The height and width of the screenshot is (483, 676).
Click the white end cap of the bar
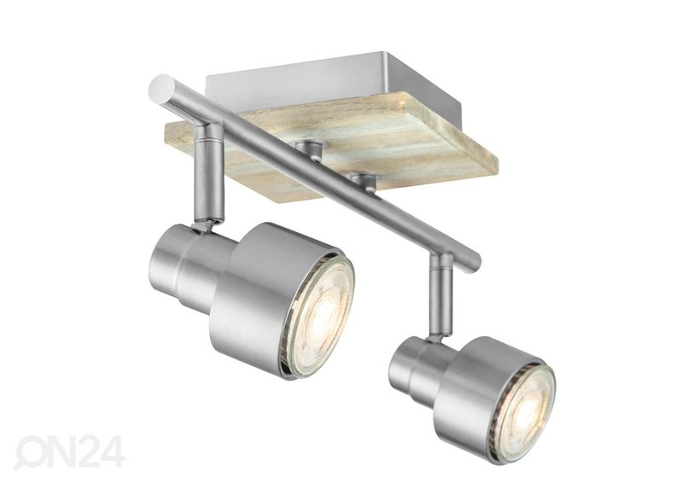point(160,89)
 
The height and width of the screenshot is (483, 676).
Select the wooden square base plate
point(331,148)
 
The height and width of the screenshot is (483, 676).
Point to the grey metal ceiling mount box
point(311,82)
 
